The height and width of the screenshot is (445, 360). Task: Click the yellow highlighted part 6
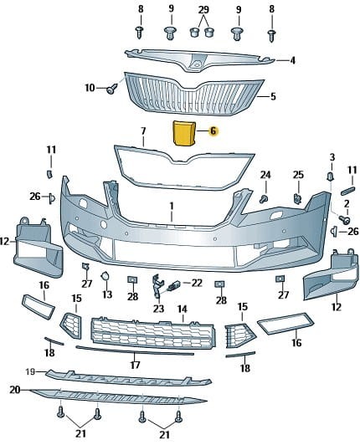(x=183, y=133)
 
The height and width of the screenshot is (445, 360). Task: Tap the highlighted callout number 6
(x=213, y=130)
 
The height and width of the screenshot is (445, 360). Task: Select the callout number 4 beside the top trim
(x=292, y=60)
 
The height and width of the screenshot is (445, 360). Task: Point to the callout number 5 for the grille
(x=273, y=96)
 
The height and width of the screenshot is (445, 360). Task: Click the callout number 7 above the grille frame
(x=143, y=130)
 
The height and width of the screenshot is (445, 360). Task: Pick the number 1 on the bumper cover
(x=172, y=207)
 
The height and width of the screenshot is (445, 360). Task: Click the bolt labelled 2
(x=344, y=219)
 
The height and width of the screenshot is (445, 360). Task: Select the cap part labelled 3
(x=331, y=176)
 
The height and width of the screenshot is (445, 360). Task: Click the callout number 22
(x=197, y=283)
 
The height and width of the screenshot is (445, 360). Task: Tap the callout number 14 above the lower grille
(x=183, y=309)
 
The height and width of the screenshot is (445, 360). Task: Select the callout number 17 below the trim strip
(x=135, y=365)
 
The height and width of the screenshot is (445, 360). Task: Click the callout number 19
(x=30, y=371)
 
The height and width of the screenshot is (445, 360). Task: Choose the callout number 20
(x=15, y=390)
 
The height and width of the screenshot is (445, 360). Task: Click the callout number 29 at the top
(x=203, y=10)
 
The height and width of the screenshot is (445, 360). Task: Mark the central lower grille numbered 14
(x=152, y=333)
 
